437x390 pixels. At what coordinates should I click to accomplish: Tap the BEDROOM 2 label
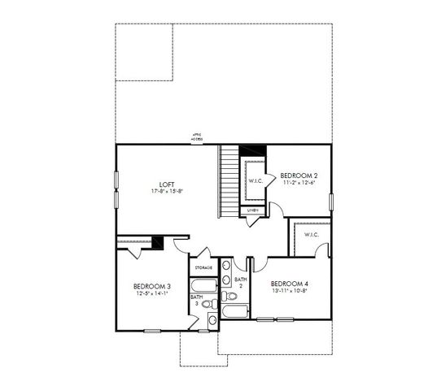pyautogui.click(x=299, y=175)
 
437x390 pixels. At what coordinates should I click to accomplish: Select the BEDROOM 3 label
pyautogui.click(x=152, y=286)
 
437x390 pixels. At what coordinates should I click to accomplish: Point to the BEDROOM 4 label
pyautogui.click(x=289, y=283)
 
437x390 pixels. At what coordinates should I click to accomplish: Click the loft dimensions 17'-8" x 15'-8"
pyautogui.click(x=166, y=191)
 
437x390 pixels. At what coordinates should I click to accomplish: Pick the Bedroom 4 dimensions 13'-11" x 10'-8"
pyautogui.click(x=290, y=291)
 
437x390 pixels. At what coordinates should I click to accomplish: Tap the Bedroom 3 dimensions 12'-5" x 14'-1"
pyautogui.click(x=152, y=293)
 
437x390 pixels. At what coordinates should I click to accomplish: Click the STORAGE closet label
pyautogui.click(x=203, y=267)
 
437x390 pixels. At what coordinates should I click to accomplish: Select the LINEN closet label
pyautogui.click(x=253, y=210)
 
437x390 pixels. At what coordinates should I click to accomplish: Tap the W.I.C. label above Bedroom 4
pyautogui.click(x=312, y=235)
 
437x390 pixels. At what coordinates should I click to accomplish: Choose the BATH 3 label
pyautogui.click(x=197, y=300)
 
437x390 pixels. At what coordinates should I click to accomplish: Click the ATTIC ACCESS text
pyautogui.click(x=197, y=137)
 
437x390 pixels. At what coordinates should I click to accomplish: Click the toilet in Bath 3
pyautogui.click(x=208, y=305)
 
